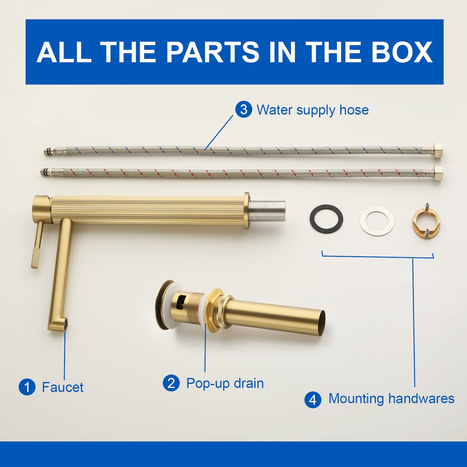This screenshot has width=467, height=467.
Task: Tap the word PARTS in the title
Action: tap(213, 52)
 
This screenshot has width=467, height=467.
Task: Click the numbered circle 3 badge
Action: tap(243, 109)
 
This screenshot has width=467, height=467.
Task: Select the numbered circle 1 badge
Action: tap(27, 387)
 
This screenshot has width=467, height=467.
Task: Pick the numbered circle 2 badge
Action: tap(171, 383)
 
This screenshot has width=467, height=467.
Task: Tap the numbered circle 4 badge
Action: tap(313, 399)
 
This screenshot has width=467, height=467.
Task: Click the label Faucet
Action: tap(63, 387)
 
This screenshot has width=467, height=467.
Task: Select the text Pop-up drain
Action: tap(225, 384)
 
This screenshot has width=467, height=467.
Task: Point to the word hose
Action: tap(354, 110)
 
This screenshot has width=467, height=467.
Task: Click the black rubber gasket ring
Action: tap(326, 218)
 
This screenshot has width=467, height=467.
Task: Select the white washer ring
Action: tap(377, 221)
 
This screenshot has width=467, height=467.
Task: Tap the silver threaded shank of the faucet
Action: tap(267, 211)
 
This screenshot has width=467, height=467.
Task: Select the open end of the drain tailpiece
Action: tap(322, 323)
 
